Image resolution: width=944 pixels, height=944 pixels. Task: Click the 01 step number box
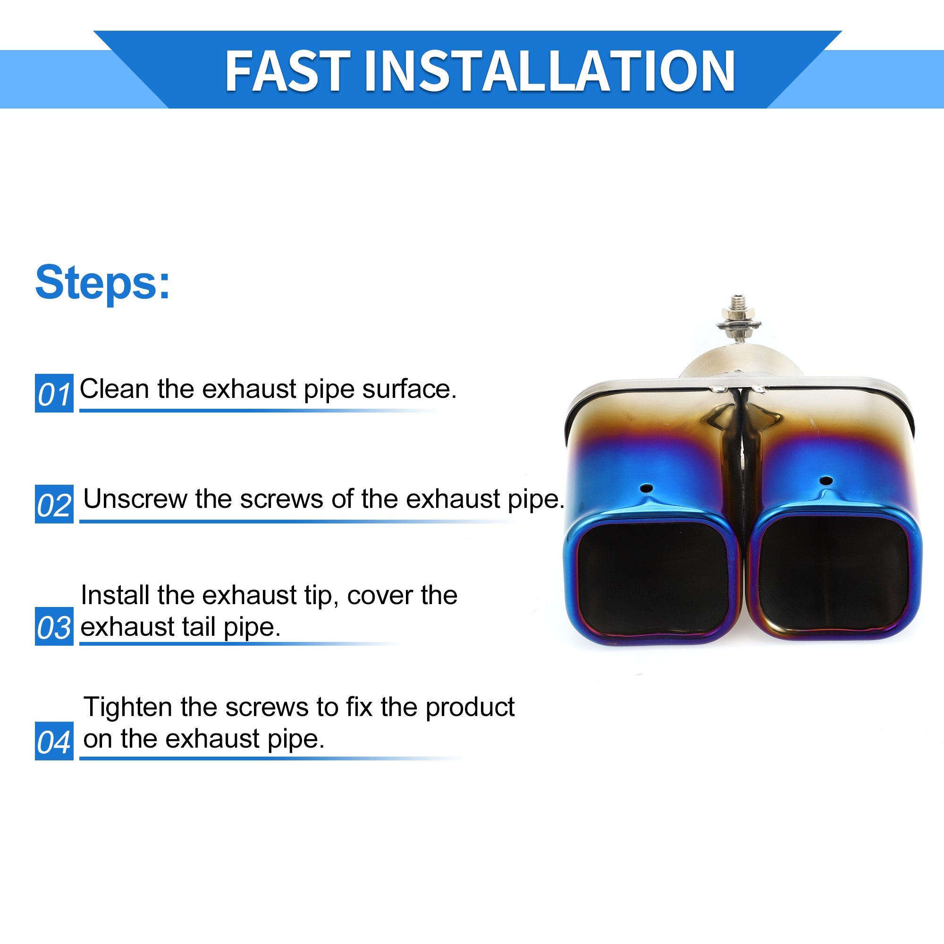pos(54,393)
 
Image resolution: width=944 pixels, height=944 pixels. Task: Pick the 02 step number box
pos(54,504)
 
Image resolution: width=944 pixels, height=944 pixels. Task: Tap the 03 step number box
pos(54,626)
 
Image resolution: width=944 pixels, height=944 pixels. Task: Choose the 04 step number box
pos(54,741)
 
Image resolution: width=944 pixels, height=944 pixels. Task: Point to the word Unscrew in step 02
pos(135,499)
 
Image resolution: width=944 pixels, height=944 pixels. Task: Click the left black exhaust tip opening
pos(652,578)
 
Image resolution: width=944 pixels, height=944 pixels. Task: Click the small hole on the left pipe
pos(647,488)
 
